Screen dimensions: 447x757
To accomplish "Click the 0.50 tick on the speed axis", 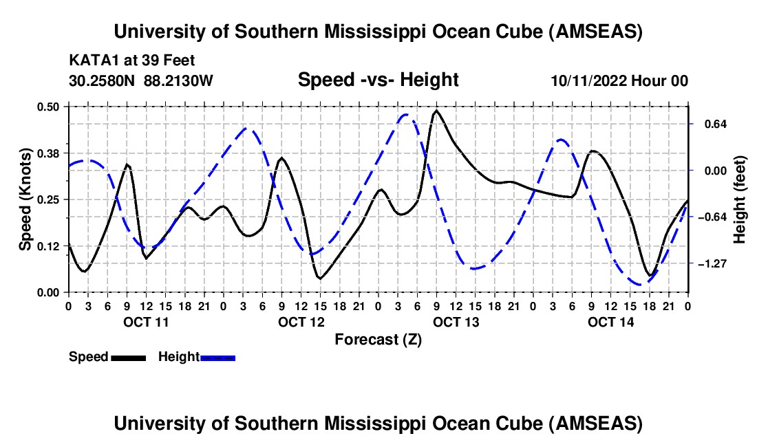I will coord(50,107).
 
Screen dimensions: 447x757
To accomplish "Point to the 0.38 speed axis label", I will coord(50,153).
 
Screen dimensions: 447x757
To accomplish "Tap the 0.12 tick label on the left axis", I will coord(50,246).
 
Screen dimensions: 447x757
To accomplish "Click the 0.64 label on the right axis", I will coord(711,124).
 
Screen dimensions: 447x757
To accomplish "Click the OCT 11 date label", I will coord(145,322).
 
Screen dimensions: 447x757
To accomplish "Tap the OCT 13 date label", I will coord(456,322).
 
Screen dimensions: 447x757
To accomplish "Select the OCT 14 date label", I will coord(610,322).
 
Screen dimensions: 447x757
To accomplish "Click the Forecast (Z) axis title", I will coord(378,339).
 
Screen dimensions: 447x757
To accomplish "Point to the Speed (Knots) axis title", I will coord(25,199).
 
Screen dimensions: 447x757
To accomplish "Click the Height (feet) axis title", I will coord(740,199).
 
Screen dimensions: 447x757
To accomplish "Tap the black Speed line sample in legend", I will coord(128,358).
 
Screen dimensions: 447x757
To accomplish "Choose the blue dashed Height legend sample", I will coord(217,358).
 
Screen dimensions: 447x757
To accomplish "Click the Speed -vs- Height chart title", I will coord(378,80).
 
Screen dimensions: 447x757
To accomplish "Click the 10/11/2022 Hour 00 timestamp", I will coord(619,80).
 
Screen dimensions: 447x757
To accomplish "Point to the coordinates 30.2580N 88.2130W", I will coord(141,80).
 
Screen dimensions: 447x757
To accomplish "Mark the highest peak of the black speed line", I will coord(436,110).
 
